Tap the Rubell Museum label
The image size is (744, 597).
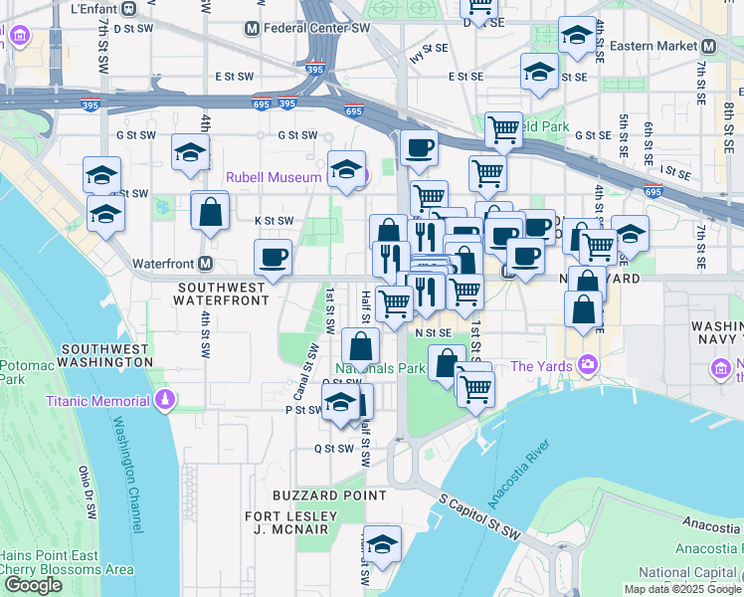[x=274, y=177]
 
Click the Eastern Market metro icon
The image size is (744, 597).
[x=708, y=46]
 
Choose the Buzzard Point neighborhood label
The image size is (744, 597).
[x=330, y=495]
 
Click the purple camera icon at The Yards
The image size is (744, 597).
[x=589, y=365]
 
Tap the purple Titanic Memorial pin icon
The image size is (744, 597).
[x=165, y=401]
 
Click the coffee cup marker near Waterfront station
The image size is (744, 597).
[x=274, y=258]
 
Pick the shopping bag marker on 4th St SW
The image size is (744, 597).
[x=210, y=211]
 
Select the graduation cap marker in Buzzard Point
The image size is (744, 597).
[x=380, y=543]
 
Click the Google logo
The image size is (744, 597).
[x=33, y=585]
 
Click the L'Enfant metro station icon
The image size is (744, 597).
[x=129, y=8]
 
